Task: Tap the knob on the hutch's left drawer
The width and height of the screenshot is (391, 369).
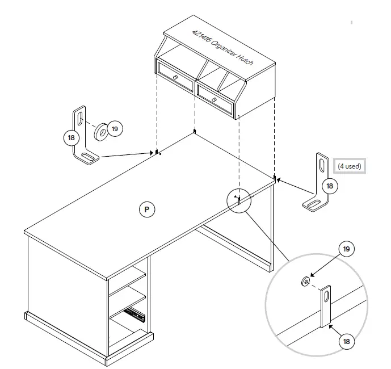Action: [x=176, y=77]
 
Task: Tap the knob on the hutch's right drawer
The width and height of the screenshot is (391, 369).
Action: [x=214, y=100]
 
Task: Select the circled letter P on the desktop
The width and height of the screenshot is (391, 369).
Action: [x=146, y=209]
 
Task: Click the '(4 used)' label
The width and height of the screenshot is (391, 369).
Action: [x=349, y=166]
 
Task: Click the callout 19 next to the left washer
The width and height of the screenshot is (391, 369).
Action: [x=115, y=129]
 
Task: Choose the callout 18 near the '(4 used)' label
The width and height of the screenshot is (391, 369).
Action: [x=329, y=186]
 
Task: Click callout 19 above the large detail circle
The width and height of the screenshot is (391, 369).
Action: [x=346, y=249]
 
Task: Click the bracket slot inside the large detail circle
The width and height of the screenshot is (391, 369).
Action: [x=326, y=295]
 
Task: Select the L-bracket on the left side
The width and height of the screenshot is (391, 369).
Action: [x=83, y=136]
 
